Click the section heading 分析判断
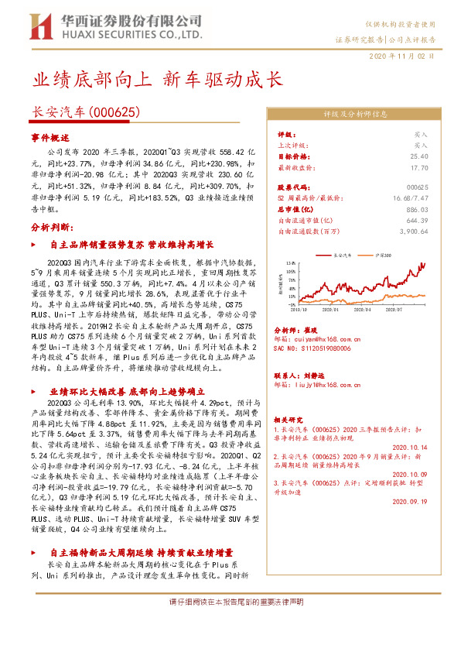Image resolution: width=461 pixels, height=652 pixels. (53, 228)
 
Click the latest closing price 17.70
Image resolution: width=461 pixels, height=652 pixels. (419, 166)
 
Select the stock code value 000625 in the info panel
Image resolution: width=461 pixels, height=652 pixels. (417, 187)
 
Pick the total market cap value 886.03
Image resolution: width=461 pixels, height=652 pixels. (417, 209)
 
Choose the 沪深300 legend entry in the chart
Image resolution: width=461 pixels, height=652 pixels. (382, 254)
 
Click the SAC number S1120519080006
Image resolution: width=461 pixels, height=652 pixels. (312, 348)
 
